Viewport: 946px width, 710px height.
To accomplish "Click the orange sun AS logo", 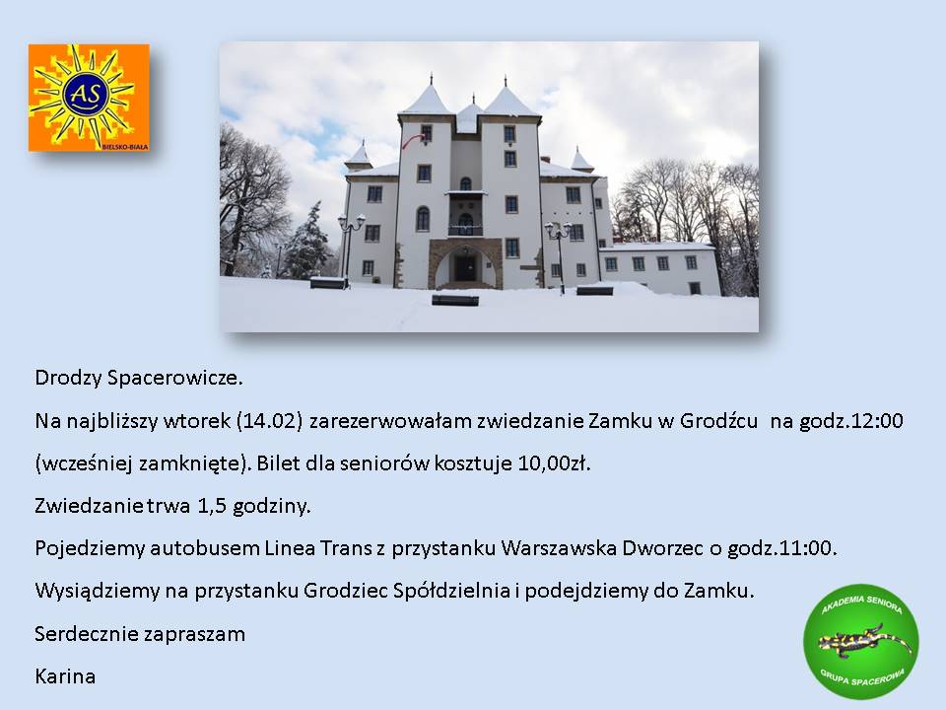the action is (x=89, y=98).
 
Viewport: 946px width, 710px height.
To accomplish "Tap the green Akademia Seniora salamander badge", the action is (x=861, y=641).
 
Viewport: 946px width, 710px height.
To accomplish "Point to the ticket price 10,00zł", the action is (x=554, y=463).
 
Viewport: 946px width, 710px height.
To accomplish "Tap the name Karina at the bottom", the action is (x=65, y=675).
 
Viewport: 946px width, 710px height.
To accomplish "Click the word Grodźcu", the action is (x=718, y=420).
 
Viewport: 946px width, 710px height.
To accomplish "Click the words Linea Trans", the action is (x=318, y=547).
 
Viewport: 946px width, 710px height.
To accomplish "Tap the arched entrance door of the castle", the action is (x=464, y=267).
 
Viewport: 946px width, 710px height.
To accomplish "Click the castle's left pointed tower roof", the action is (x=426, y=97).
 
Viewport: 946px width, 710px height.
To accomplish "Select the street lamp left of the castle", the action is (x=350, y=248).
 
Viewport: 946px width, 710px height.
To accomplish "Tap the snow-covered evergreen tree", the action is (x=308, y=242).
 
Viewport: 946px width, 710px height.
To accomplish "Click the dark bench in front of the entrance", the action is (x=455, y=300).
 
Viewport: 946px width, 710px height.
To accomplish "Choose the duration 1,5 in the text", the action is (x=211, y=505).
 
